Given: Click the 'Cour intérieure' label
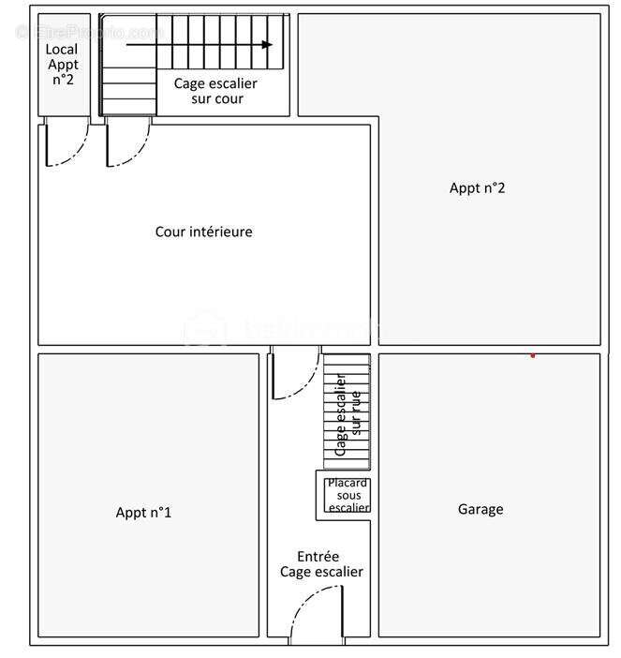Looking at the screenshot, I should tap(203, 232).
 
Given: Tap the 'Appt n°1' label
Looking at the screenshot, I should tap(143, 512).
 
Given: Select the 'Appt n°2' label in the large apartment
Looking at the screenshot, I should tap(477, 187).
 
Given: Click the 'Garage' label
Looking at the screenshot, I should tap(481, 509).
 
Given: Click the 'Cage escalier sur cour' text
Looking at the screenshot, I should tap(215, 91).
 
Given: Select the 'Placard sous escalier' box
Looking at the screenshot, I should tap(348, 495).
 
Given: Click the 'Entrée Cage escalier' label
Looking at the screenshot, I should tap(321, 563).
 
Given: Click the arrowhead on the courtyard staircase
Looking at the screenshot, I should tap(268, 44).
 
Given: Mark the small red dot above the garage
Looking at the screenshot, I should tap(533, 355).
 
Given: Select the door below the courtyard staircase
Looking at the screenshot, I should tap(127, 144).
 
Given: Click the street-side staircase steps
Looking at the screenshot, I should tap(347, 412).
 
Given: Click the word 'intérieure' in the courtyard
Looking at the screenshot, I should tap(221, 232).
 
